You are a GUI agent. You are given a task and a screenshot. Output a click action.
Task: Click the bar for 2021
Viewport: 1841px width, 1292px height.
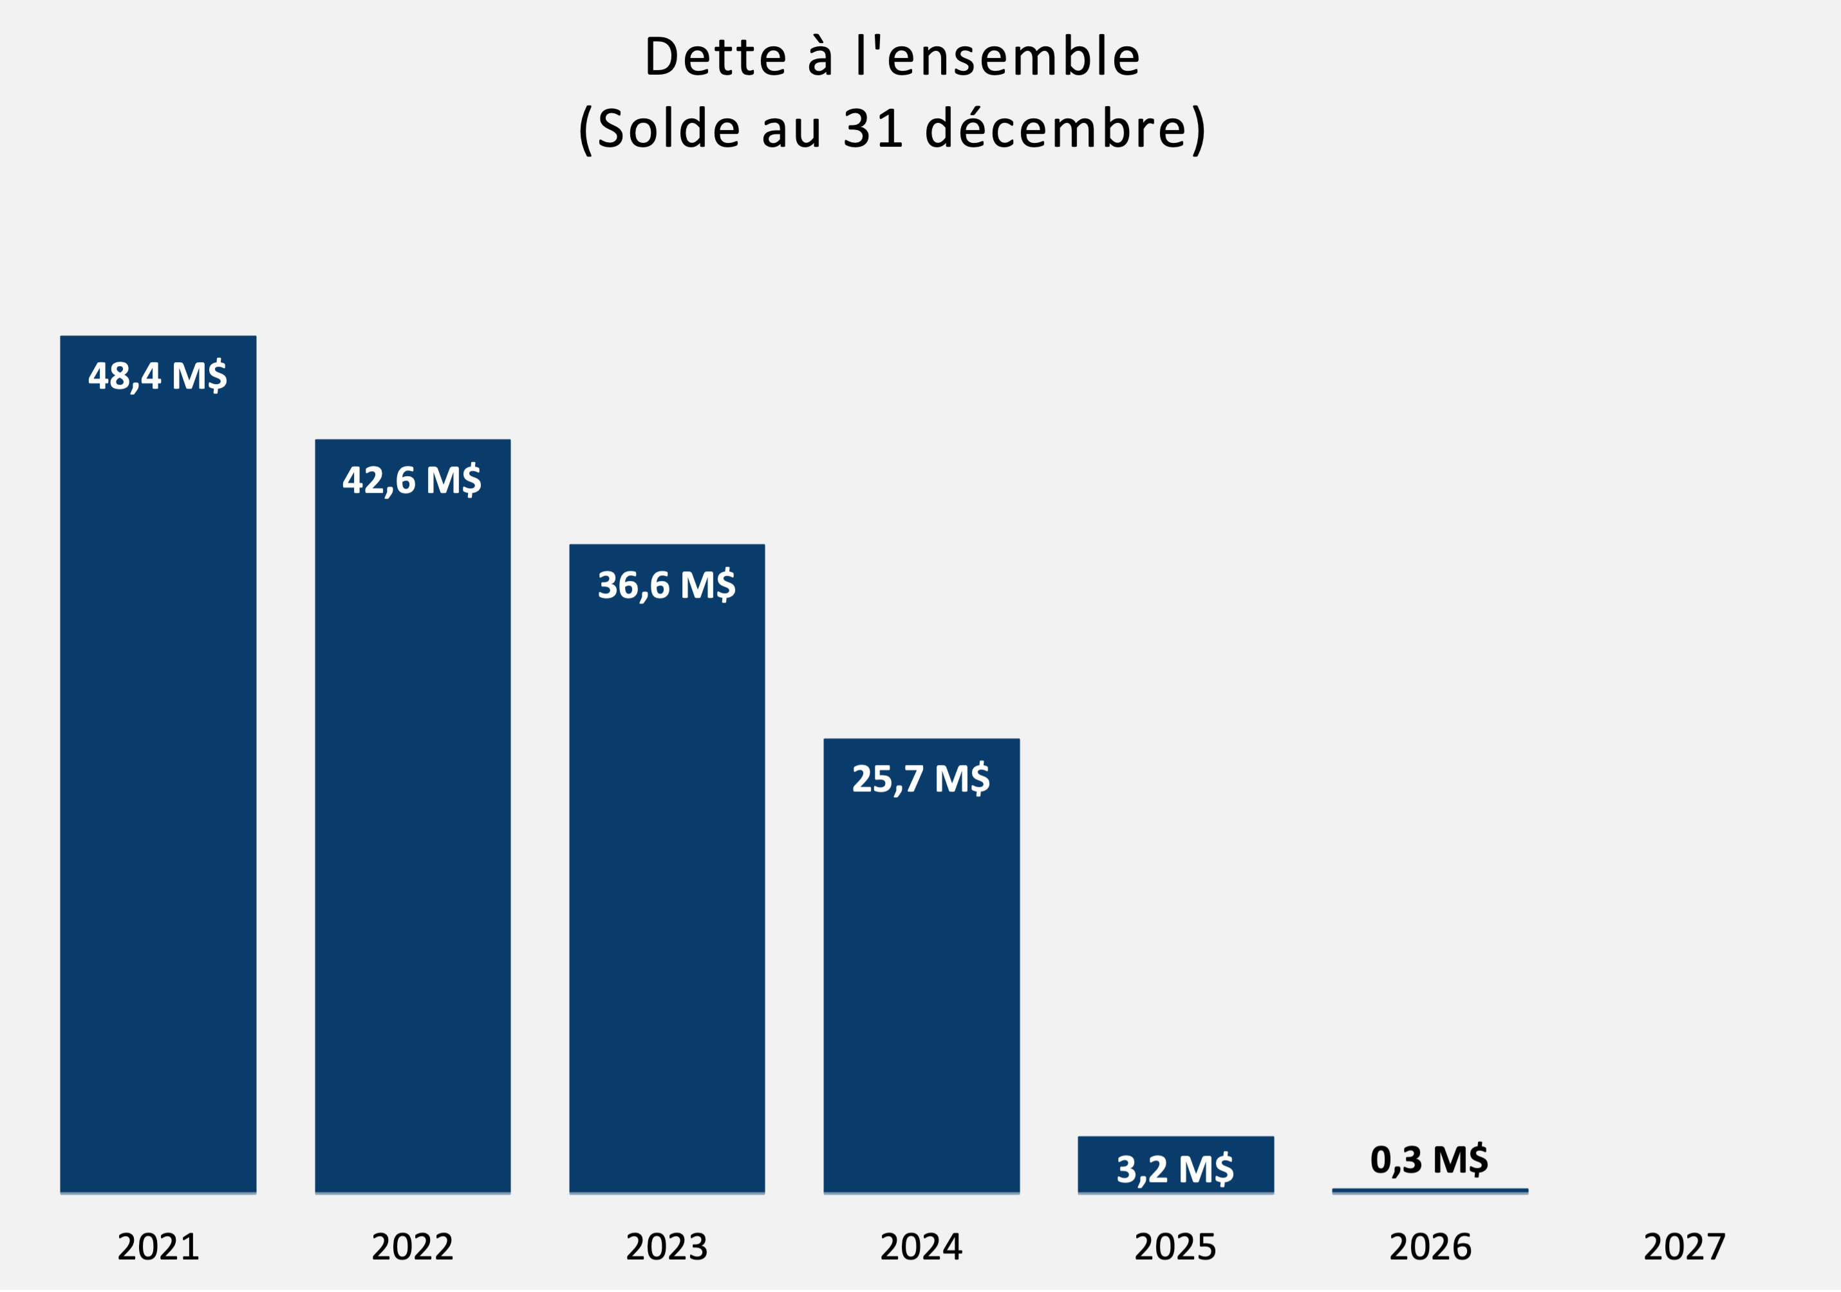[x=158, y=786]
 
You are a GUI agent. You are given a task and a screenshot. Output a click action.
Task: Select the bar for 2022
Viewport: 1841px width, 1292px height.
[x=412, y=833]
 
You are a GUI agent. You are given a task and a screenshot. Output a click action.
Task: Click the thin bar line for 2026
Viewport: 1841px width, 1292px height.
[x=1430, y=1191]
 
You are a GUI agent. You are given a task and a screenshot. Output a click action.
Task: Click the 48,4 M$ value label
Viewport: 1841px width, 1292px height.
[x=158, y=375]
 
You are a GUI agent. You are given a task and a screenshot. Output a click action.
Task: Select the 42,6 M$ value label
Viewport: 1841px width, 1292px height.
[x=412, y=479]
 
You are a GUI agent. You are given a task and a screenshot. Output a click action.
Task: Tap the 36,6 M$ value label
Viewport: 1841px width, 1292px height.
[x=666, y=584]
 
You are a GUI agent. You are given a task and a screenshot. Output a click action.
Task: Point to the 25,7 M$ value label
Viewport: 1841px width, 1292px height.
[x=921, y=779]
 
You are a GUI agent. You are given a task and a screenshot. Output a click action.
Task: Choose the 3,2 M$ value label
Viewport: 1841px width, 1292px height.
[x=1175, y=1169]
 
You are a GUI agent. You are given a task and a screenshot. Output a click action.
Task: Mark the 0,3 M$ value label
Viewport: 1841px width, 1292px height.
[x=1430, y=1159]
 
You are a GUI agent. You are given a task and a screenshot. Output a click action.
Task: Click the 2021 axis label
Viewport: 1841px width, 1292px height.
[x=158, y=1247]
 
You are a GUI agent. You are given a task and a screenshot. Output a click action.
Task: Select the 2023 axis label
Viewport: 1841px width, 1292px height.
[x=666, y=1247]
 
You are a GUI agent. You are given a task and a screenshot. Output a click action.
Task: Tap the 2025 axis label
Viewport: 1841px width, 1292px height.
[x=1175, y=1247]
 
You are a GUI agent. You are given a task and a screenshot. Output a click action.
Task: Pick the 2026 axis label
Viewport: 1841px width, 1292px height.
[x=1430, y=1247]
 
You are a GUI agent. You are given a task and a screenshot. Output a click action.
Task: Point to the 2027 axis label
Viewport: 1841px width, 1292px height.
[x=1685, y=1247]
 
